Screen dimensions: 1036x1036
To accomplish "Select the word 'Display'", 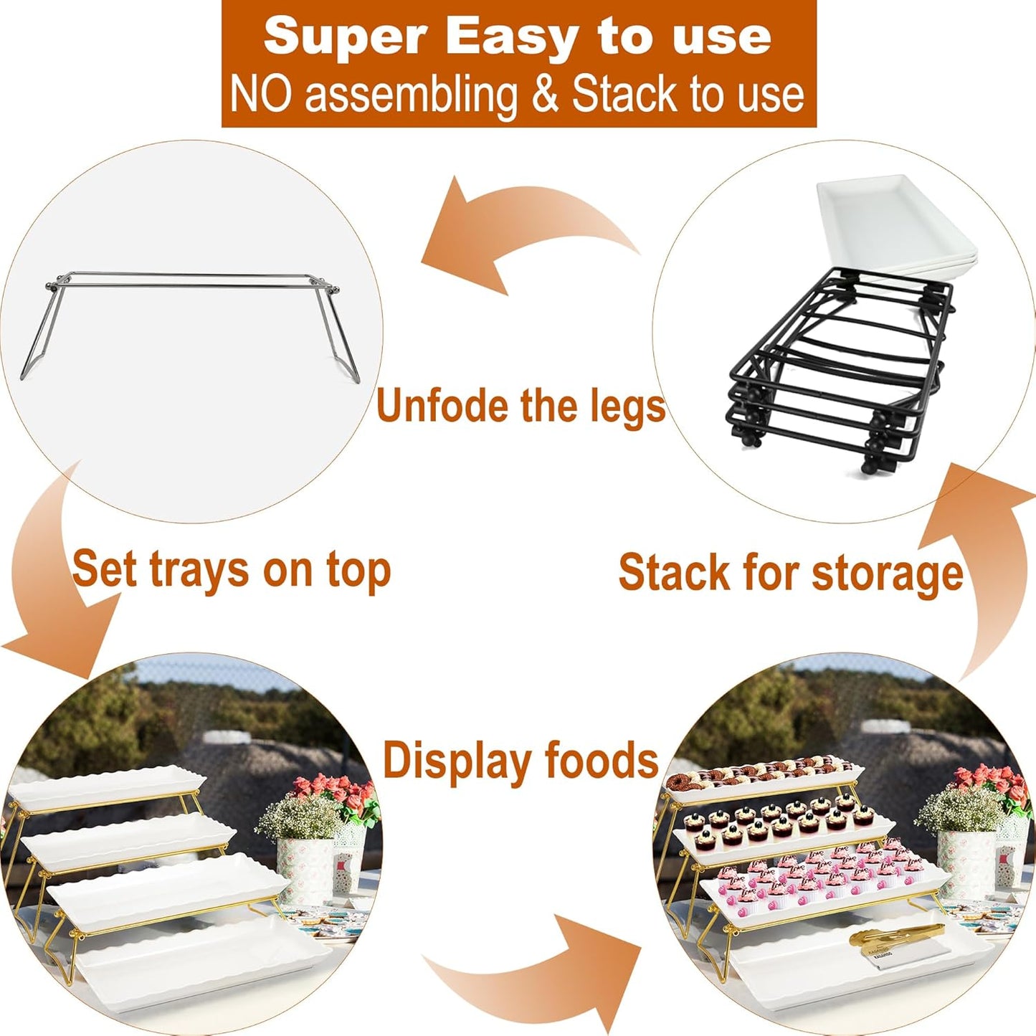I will pyautogui.click(x=458, y=761).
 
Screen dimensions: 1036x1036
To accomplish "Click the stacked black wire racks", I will pyautogui.click(x=839, y=366).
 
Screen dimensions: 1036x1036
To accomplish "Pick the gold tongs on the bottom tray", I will pyautogui.click(x=896, y=936).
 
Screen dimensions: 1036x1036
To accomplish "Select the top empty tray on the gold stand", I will pyautogui.click(x=108, y=789).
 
